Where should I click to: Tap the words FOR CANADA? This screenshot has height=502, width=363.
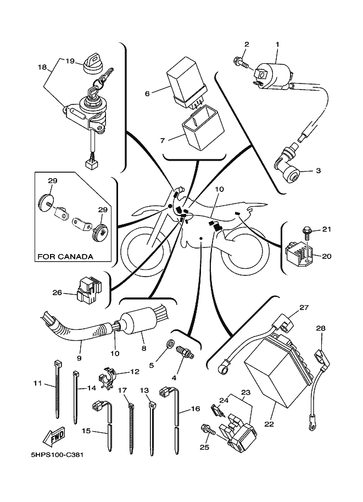65,256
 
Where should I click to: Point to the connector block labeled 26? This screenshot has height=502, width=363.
90,290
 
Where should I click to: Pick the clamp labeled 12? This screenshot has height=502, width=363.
108,377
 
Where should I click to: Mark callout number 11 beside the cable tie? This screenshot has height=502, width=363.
37,383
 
